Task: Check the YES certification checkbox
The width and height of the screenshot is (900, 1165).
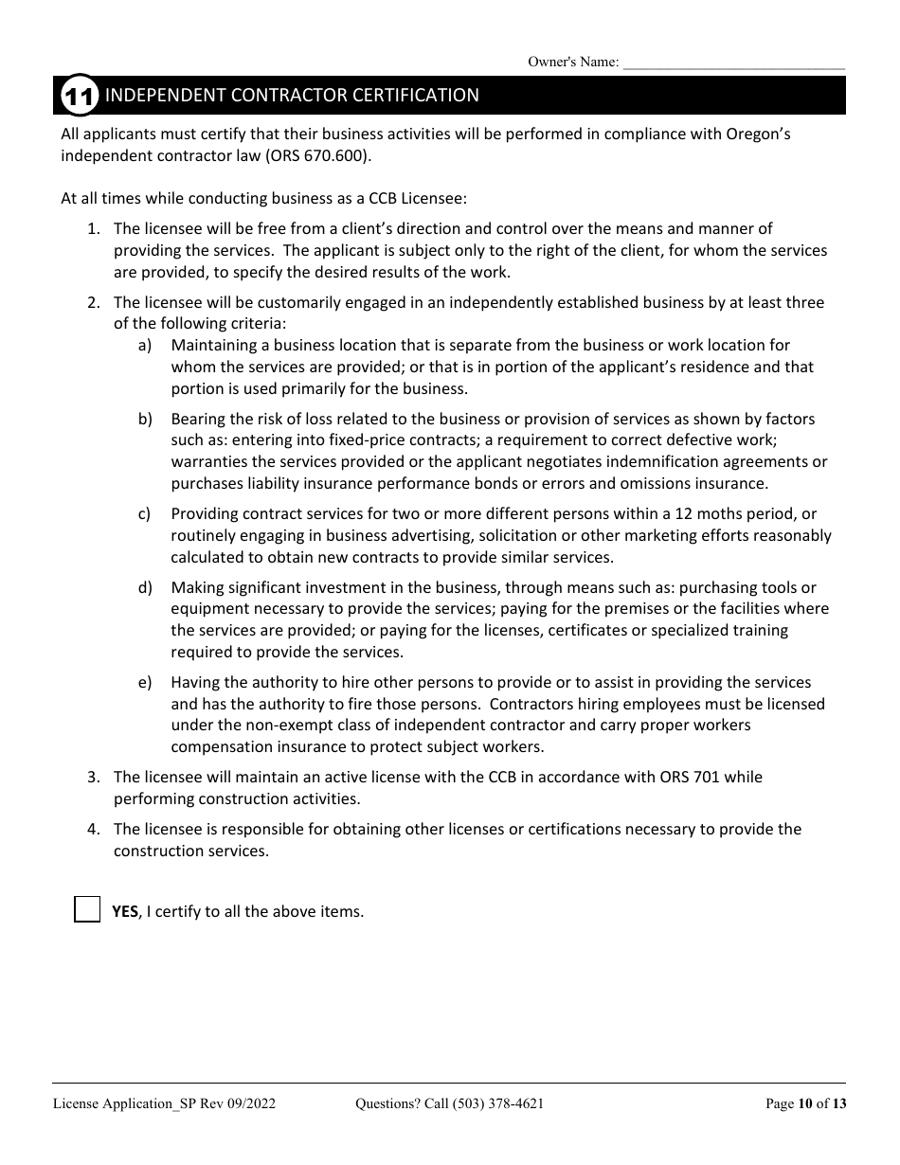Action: (87, 910)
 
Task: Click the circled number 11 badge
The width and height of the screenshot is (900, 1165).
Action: (78, 96)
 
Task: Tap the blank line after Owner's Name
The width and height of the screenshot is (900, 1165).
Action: (733, 63)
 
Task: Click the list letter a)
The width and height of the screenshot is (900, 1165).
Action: (144, 346)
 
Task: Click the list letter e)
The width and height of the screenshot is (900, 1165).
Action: (144, 683)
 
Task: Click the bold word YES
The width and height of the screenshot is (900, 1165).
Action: (124, 911)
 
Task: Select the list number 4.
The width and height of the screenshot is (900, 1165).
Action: (93, 830)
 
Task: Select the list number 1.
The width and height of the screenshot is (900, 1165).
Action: (93, 229)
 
